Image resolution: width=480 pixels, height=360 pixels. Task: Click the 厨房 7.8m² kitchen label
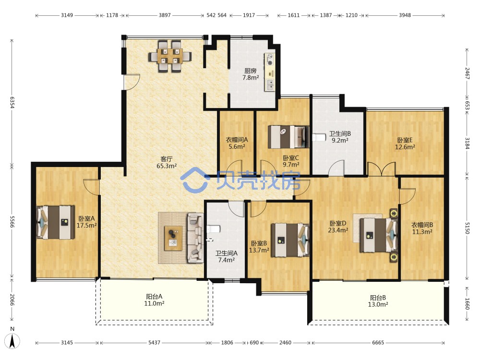(x=251, y=74)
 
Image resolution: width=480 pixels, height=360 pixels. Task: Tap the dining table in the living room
(x=170, y=56)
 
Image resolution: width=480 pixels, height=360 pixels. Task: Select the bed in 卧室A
(x=55, y=222)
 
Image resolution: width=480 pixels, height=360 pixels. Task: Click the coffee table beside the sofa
(x=173, y=238)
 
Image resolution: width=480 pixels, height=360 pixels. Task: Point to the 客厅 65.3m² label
(x=167, y=163)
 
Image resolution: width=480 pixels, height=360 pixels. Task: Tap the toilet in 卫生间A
(x=214, y=229)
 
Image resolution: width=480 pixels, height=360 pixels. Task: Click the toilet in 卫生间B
(x=319, y=137)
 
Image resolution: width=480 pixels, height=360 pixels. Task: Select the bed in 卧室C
(x=288, y=137)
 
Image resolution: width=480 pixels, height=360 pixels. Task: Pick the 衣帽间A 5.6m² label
(x=237, y=143)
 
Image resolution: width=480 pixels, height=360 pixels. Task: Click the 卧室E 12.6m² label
(x=405, y=143)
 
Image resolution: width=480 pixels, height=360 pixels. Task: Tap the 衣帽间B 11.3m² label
(x=422, y=228)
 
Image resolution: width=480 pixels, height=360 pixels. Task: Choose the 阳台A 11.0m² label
(x=154, y=300)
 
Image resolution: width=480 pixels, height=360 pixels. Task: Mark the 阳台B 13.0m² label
(x=378, y=301)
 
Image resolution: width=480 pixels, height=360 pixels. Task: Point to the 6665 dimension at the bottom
(x=378, y=343)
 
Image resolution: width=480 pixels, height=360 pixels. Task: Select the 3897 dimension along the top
(x=165, y=15)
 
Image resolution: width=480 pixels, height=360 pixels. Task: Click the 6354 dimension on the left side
(x=12, y=103)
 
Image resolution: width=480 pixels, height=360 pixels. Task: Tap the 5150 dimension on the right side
(x=467, y=228)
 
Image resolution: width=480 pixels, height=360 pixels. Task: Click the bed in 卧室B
(x=290, y=240)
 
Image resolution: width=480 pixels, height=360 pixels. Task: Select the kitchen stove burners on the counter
(x=270, y=60)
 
